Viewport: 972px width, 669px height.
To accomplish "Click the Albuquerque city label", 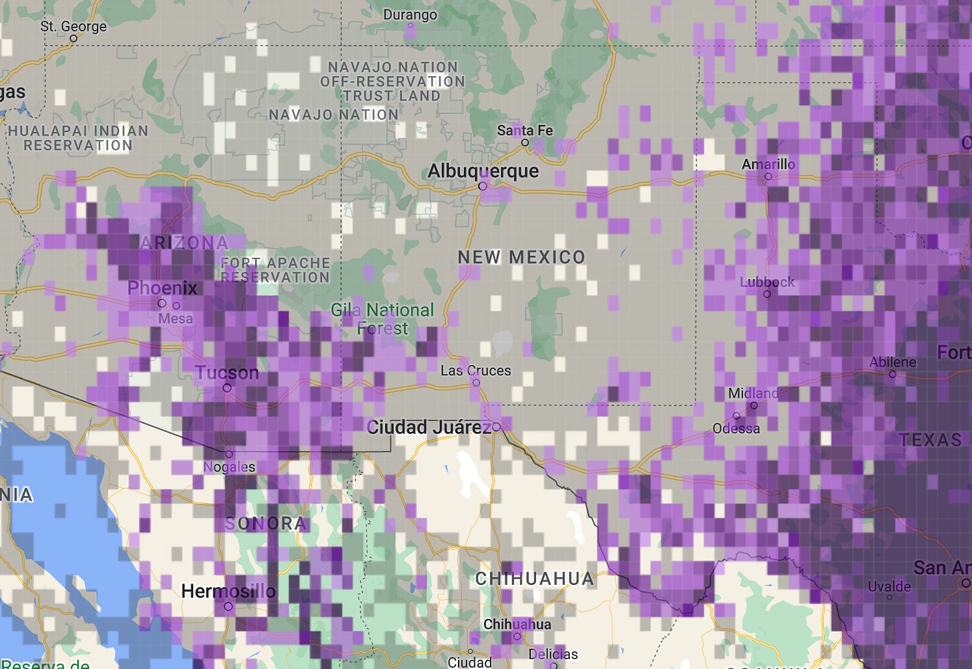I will click(x=483, y=171).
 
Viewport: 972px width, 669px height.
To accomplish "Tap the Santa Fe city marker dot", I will click(x=525, y=142).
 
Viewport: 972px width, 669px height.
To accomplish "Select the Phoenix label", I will click(x=162, y=288).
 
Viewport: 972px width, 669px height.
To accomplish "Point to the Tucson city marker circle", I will click(x=227, y=388).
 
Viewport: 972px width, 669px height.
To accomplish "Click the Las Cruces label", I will click(x=475, y=371).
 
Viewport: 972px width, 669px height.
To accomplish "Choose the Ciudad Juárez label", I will click(x=429, y=427).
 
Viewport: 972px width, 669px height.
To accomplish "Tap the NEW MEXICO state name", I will click(x=521, y=257).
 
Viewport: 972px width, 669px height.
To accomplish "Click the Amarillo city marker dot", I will click(x=768, y=177).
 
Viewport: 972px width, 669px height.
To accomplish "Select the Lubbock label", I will click(x=767, y=282).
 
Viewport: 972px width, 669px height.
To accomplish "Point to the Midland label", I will click(x=753, y=393).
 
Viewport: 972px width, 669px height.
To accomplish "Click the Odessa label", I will click(x=736, y=428).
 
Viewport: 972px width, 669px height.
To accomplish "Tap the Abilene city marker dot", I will click(x=893, y=375).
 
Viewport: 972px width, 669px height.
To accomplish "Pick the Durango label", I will click(x=410, y=15).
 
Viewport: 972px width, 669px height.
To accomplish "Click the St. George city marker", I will click(x=73, y=39).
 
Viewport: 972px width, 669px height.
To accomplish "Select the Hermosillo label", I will click(x=228, y=591).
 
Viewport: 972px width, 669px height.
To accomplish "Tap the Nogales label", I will click(x=229, y=467).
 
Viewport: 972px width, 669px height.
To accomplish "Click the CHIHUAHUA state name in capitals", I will click(x=534, y=579).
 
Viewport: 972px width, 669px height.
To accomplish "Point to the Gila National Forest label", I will click(x=383, y=319).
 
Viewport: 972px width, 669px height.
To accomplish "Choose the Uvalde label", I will click(x=889, y=586).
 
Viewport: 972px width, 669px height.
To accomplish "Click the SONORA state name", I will click(x=265, y=523).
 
